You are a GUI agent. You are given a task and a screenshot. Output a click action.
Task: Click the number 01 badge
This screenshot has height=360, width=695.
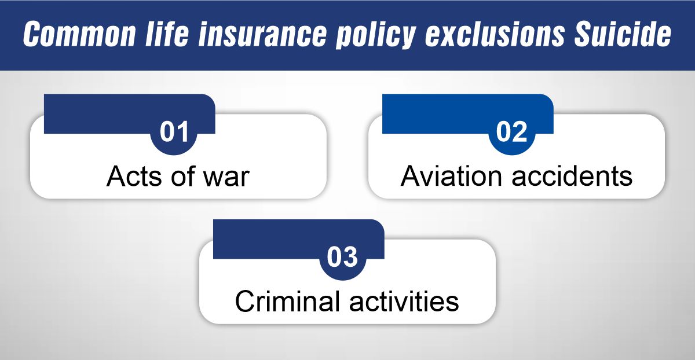174,133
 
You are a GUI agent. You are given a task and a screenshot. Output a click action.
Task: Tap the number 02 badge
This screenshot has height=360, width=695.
512,133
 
